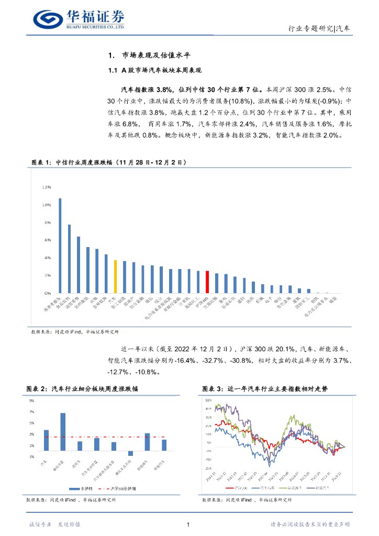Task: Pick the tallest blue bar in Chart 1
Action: tap(60, 245)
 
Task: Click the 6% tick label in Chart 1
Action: tap(47, 240)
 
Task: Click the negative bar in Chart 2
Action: tap(130, 453)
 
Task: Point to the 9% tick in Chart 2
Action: tap(31, 400)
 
